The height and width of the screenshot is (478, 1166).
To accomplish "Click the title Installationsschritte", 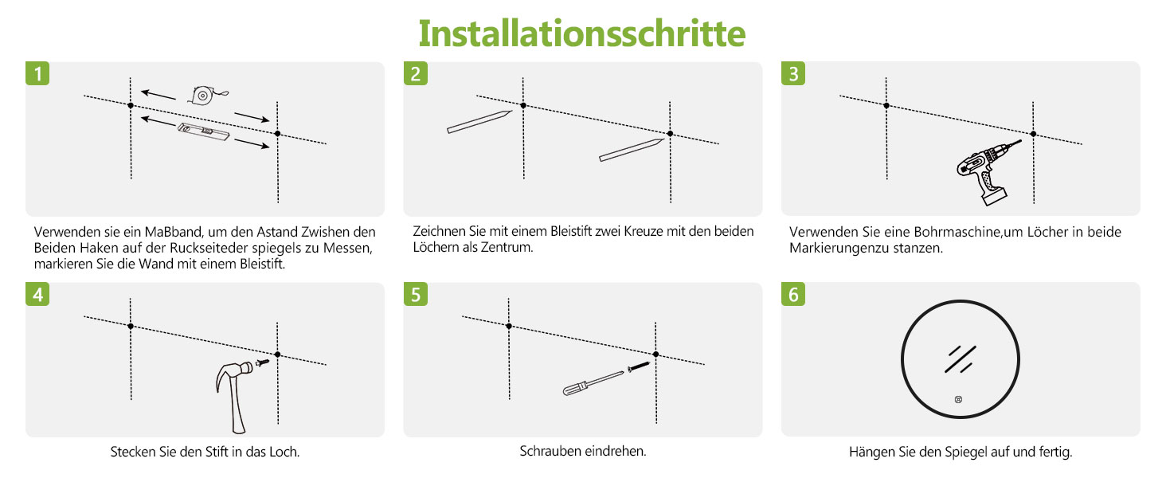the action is click(x=582, y=33).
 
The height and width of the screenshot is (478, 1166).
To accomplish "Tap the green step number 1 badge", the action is click(x=37, y=73).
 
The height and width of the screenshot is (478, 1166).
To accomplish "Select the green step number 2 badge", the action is click(x=416, y=73).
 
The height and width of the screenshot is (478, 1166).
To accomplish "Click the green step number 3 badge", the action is click(x=793, y=73).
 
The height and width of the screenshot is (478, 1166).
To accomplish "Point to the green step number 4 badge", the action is click(x=37, y=294).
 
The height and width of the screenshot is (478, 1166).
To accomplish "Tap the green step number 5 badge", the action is click(x=416, y=294).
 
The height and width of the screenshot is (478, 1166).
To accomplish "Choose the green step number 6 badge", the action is click(x=793, y=294).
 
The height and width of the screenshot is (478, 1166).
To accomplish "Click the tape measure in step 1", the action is click(x=206, y=96).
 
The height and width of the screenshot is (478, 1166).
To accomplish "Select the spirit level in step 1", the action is click(x=204, y=131).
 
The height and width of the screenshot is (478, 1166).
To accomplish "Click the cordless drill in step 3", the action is click(x=985, y=172).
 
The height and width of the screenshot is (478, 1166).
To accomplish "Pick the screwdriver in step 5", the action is click(x=593, y=384).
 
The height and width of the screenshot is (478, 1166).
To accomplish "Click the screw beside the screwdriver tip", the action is click(x=639, y=366).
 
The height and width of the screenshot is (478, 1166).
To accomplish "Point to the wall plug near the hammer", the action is click(x=263, y=362).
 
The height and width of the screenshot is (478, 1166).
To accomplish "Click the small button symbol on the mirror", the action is click(x=958, y=399).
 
